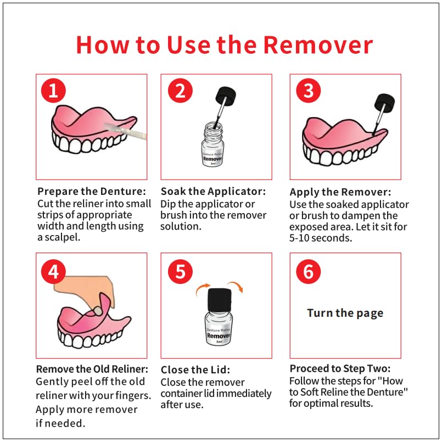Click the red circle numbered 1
pos(53,91)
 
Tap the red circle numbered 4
pos(53,270)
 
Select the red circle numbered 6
pos(307,270)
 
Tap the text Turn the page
pos(345,313)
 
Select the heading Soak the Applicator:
pos(213,192)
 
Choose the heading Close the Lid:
pos(195,370)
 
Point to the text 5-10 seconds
pos(321,239)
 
